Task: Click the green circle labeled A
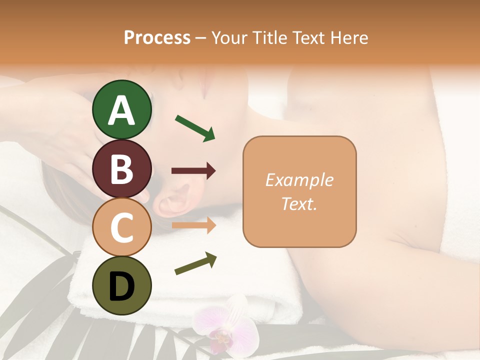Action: [x=122, y=109]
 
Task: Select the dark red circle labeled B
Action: [x=122, y=168]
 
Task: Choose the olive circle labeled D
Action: [x=122, y=285]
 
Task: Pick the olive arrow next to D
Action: [x=195, y=263]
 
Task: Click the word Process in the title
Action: [x=157, y=37]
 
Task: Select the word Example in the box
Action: [x=299, y=180]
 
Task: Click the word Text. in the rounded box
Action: [x=299, y=203]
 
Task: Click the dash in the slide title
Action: [x=201, y=38]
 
